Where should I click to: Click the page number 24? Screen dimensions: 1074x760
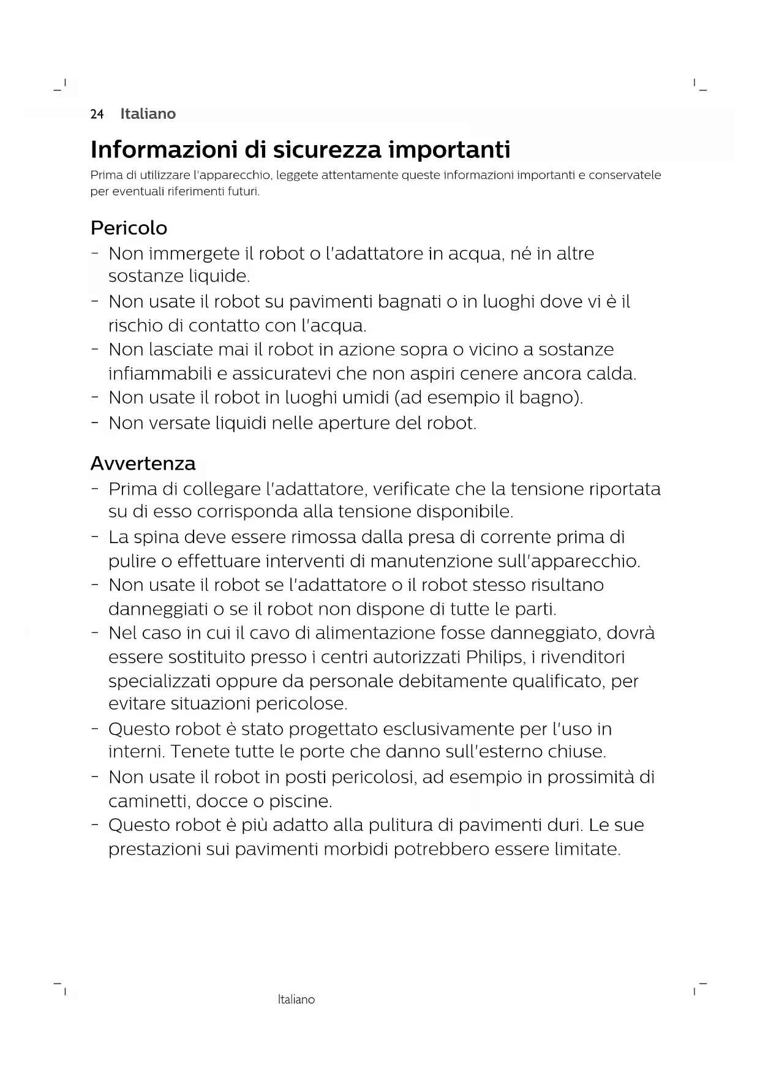click(x=97, y=114)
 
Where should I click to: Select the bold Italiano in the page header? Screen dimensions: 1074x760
click(x=148, y=114)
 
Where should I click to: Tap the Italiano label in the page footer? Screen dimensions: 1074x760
click(x=296, y=999)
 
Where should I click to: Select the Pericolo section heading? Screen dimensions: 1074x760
click(x=129, y=228)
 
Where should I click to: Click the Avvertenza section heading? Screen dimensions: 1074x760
click(x=143, y=464)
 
